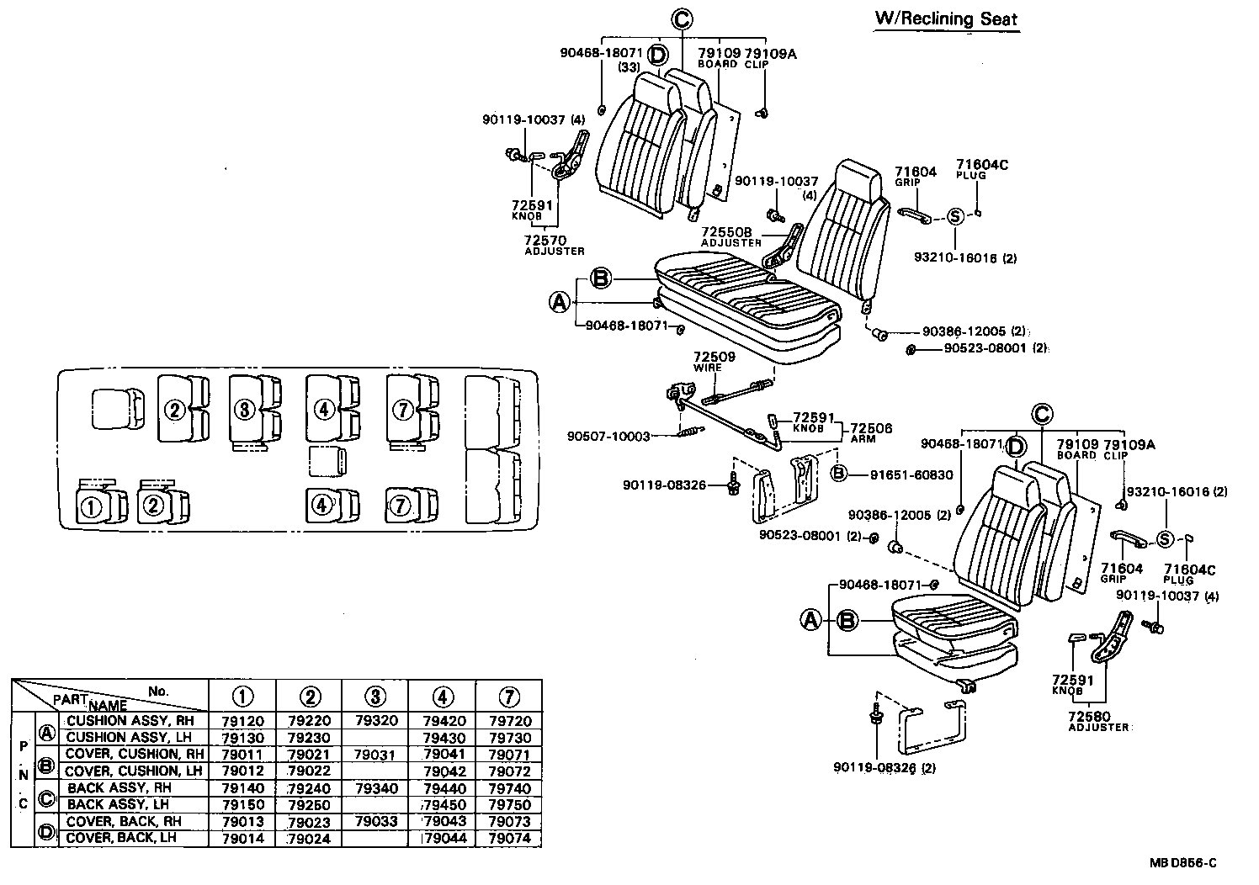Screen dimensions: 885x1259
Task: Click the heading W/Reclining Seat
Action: coord(947,19)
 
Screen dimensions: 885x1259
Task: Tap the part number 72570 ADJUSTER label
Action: coord(554,245)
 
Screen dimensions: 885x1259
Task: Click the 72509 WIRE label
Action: coord(714,362)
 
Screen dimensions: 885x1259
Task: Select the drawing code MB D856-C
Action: coord(1184,863)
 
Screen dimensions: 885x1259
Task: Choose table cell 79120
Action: coord(242,721)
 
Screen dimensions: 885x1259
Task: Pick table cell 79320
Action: coord(376,721)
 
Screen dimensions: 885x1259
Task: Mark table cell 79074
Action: coord(509,838)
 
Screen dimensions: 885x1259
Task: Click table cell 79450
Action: coord(443,804)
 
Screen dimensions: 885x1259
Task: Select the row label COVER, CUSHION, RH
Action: coord(135,754)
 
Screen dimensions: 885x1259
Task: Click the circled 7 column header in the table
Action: coord(509,697)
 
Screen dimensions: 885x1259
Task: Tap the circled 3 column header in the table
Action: coord(376,697)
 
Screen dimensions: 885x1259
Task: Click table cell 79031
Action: coord(376,755)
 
